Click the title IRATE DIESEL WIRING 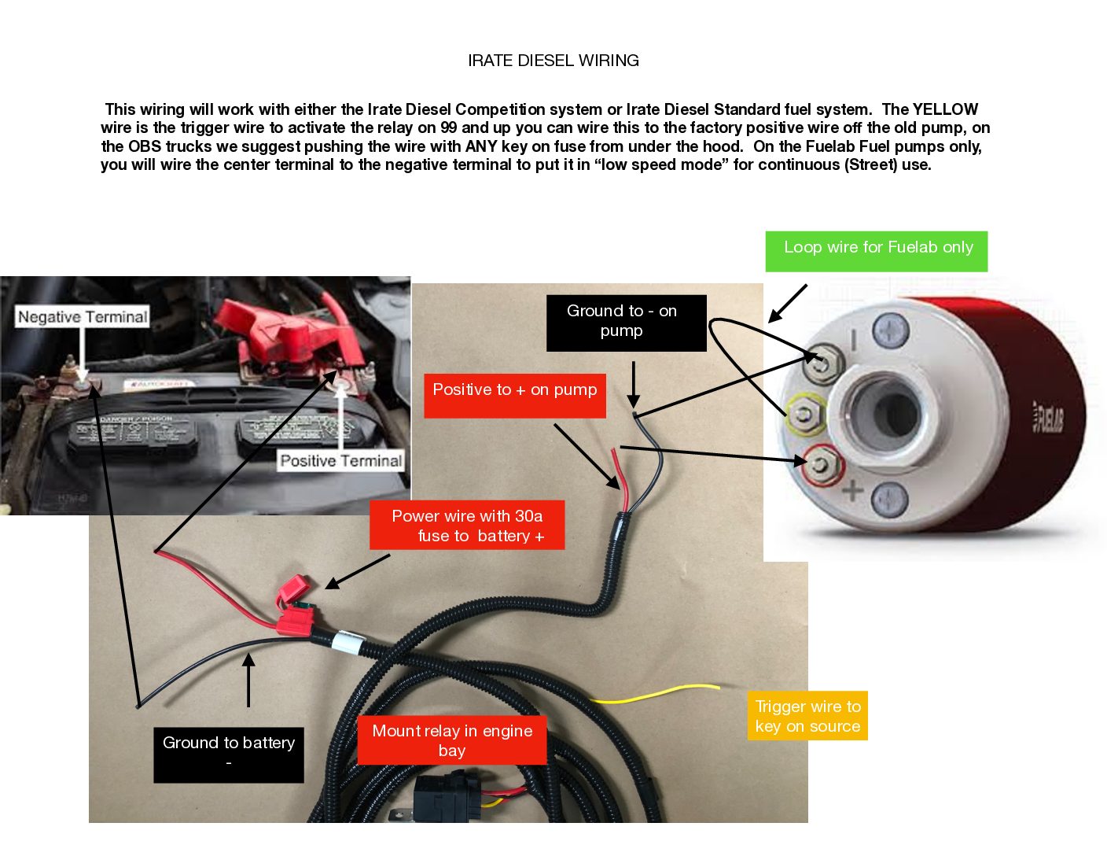click(553, 61)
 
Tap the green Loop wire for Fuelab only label click(877, 250)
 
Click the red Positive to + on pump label click(514, 394)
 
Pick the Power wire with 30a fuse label click(467, 526)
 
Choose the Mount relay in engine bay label click(451, 740)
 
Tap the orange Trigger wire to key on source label click(807, 716)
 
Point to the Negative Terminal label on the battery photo click(83, 317)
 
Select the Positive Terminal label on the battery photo click(340, 461)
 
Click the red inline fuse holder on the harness click(293, 606)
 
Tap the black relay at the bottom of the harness click(444, 795)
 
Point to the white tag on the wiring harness click(346, 642)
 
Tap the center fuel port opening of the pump click(887, 411)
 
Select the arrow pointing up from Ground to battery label click(248, 680)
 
